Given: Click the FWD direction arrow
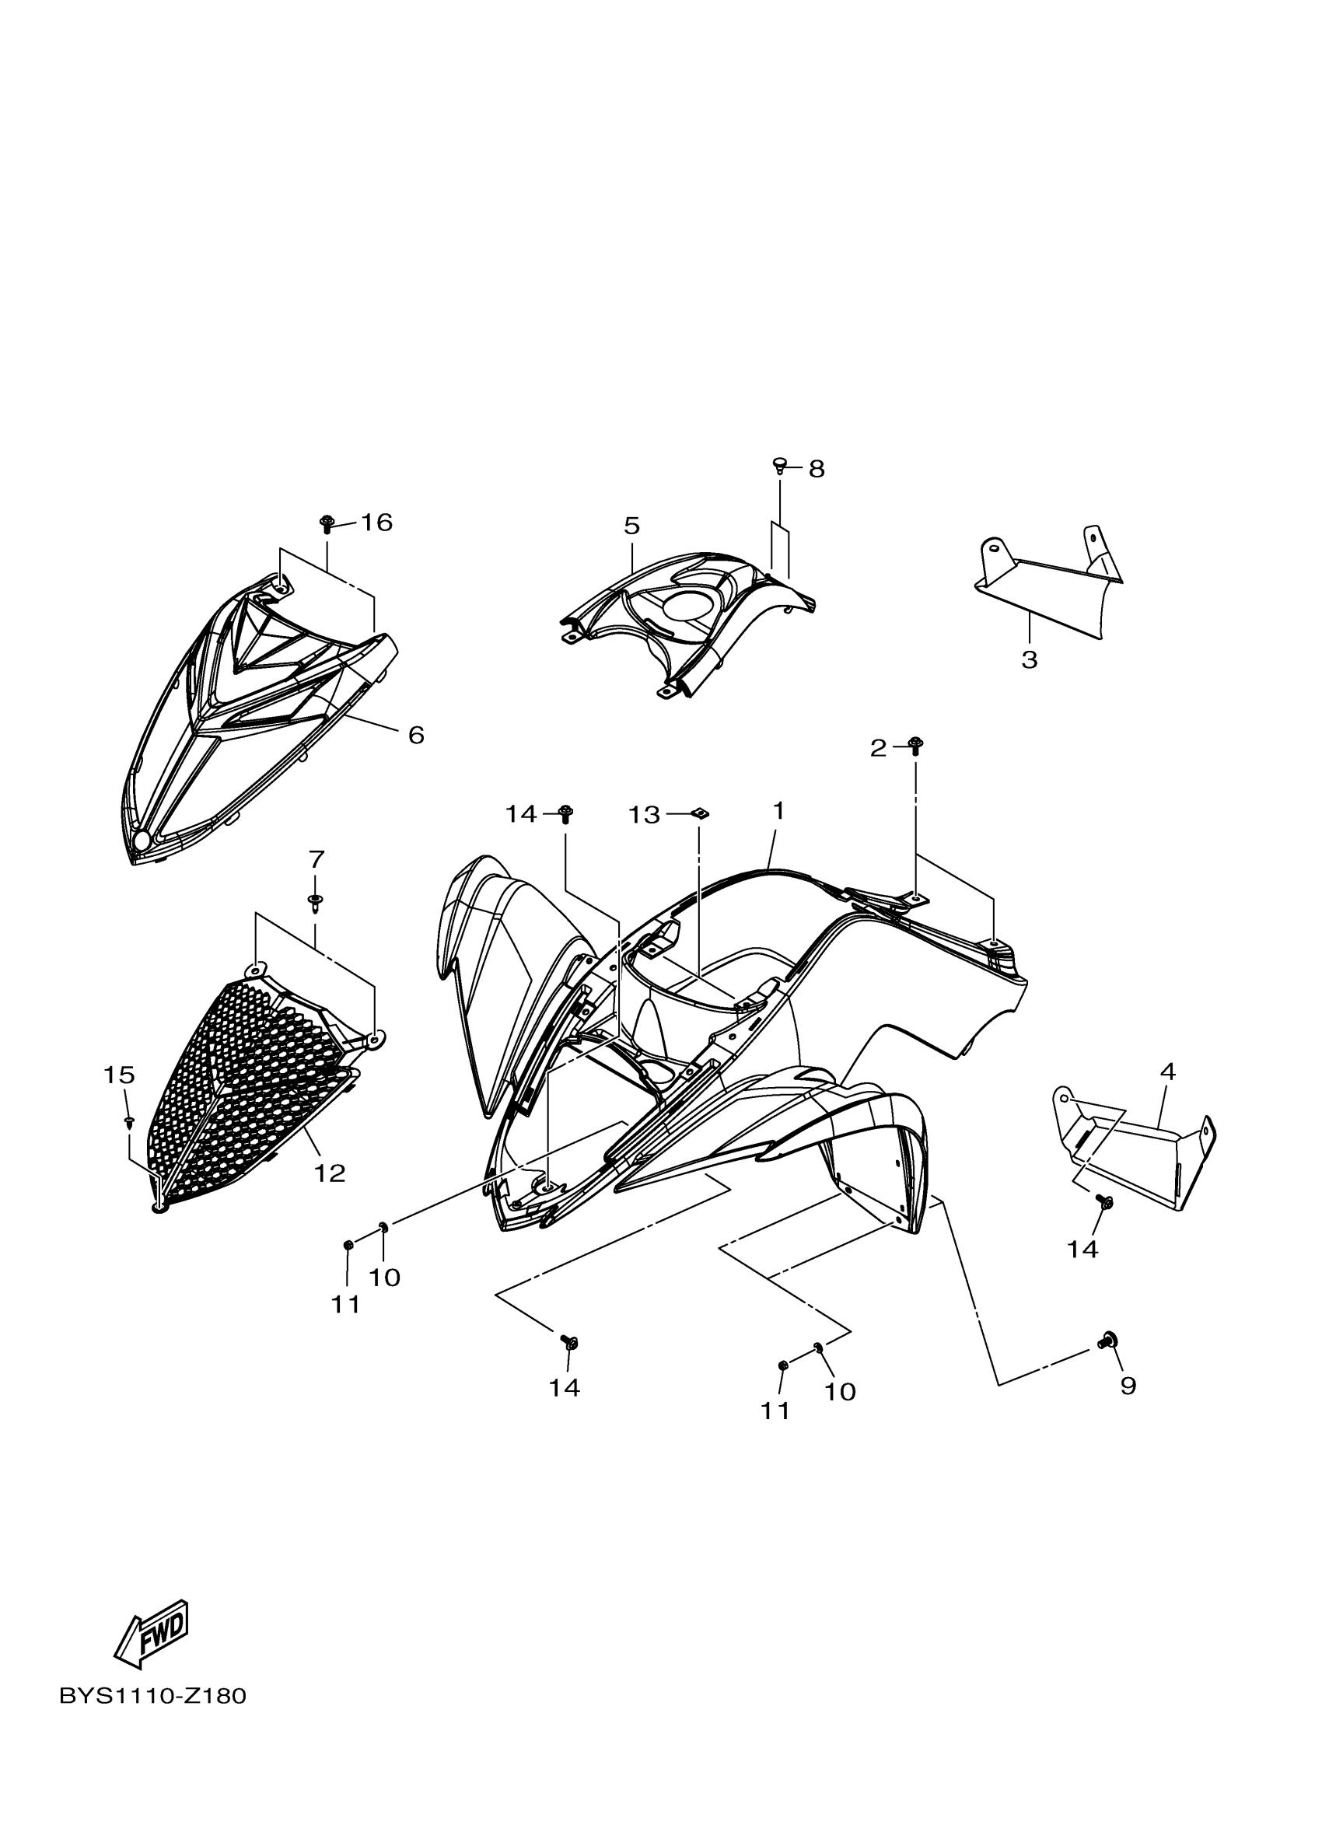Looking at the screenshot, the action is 152,1634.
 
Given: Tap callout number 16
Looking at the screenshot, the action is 376,523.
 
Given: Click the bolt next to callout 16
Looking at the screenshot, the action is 327,524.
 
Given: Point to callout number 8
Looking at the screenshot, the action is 816,468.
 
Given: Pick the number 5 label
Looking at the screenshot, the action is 631,526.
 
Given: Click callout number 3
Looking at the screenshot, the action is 1029,660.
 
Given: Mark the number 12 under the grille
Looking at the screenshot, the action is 329,1173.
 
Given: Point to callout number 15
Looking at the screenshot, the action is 119,1075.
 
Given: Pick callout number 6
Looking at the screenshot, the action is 416,735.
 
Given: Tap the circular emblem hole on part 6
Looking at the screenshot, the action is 142,841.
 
